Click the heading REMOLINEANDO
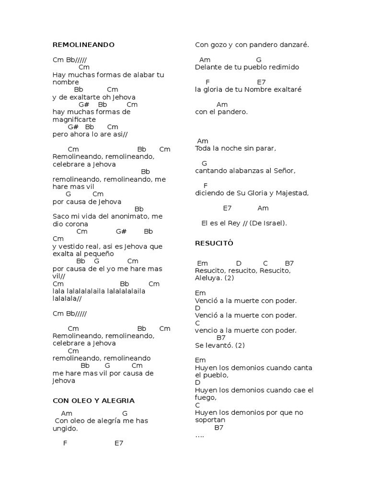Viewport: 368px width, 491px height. point(83,45)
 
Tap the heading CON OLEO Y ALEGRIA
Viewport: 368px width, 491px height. point(93,400)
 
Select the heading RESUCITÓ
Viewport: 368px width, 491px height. point(214,244)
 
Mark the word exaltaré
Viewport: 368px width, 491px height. point(286,90)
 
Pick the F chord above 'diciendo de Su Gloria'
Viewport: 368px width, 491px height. point(206,186)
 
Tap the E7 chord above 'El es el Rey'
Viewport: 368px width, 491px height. point(227,208)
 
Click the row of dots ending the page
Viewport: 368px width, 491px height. point(200,435)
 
